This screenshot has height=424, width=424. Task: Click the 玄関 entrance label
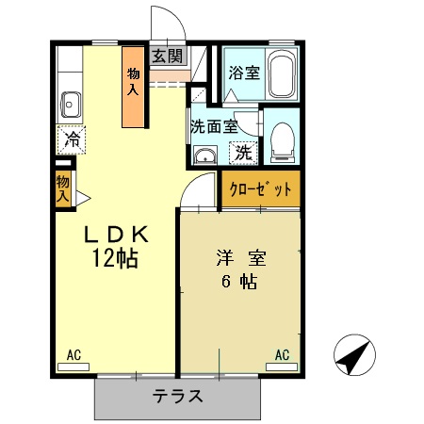pyautogui.click(x=168, y=56)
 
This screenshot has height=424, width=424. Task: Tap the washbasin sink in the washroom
pyautogui.click(x=205, y=155)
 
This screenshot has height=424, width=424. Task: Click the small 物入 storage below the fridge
pyautogui.click(x=62, y=189)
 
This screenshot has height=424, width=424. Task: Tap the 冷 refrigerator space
pyautogui.click(x=72, y=139)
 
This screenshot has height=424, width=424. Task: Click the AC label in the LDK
pyautogui.click(x=75, y=355)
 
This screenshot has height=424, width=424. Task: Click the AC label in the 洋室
pyautogui.click(x=282, y=355)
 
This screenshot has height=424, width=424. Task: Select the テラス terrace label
pyautogui.click(x=177, y=396)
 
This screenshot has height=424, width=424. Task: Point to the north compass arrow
pyautogui.click(x=353, y=356)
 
